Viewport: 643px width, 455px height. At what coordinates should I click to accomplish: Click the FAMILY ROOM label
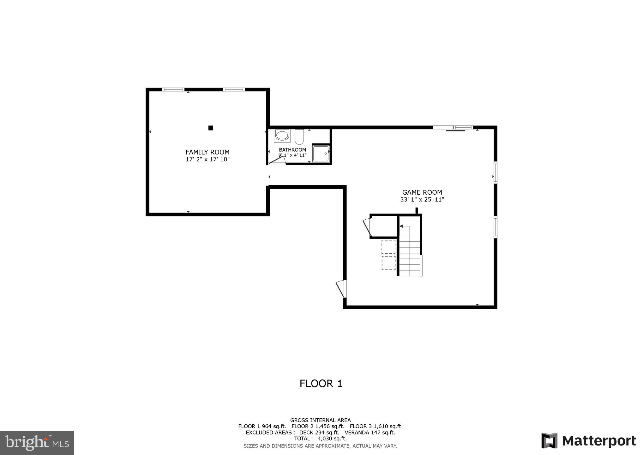(207, 152)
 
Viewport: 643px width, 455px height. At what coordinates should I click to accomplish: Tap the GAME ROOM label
(422, 192)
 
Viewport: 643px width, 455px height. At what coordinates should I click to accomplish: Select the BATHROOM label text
(292, 150)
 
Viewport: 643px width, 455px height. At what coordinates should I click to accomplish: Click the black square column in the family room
(211, 128)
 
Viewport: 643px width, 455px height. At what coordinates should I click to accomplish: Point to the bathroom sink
(282, 136)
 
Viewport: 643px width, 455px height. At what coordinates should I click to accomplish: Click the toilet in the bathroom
(299, 137)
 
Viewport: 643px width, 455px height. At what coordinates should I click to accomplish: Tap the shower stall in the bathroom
(321, 154)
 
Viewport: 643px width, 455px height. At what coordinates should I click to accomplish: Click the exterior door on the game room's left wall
(341, 288)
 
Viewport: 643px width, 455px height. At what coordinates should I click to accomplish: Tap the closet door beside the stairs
(368, 227)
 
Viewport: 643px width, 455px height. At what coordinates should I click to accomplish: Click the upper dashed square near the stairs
(388, 247)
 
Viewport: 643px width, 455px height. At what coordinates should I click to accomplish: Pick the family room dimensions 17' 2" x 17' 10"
(207, 159)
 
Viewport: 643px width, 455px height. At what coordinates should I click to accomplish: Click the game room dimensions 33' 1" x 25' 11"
(422, 200)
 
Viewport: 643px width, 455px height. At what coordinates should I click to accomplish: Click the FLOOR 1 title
(321, 384)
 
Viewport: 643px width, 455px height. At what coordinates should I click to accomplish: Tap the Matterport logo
(588, 441)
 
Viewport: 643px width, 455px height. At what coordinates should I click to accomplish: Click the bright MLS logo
(37, 442)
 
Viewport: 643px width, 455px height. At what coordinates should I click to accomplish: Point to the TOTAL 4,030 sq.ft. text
(320, 439)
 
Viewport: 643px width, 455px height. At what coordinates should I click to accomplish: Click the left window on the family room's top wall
(173, 90)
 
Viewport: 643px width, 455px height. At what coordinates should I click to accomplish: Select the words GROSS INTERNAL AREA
(320, 420)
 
